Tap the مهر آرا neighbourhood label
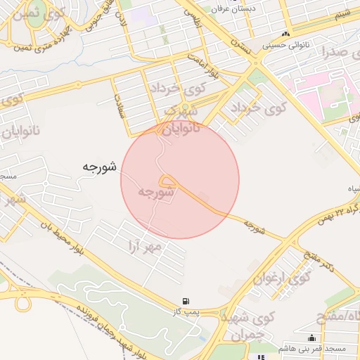click(x=146, y=245)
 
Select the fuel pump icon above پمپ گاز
click(x=186, y=301)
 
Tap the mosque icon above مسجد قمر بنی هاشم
click(x=311, y=338)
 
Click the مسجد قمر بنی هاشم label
click(x=309, y=348)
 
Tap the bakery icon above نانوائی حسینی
click(x=285, y=34)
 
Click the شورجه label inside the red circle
click(x=156, y=192)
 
